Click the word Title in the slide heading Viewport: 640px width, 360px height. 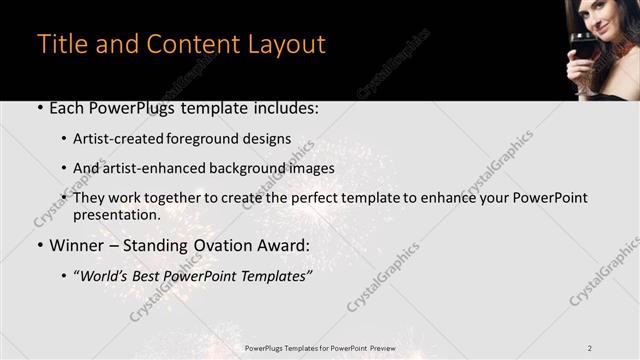59,45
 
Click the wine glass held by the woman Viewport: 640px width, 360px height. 581,49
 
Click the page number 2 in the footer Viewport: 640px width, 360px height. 590,348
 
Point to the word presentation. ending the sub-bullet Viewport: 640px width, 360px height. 116,214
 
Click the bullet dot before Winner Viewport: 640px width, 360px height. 39,246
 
